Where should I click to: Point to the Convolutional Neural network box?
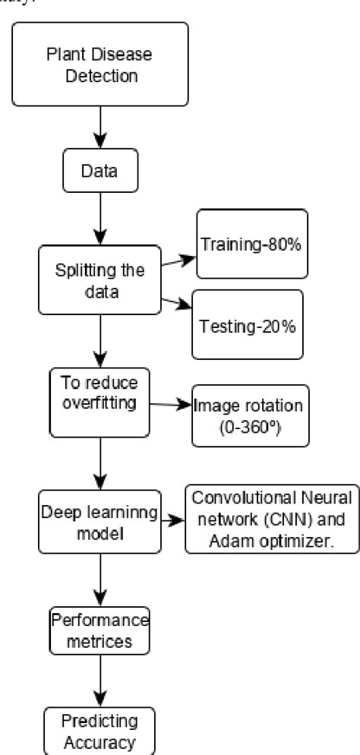(x=273, y=499)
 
